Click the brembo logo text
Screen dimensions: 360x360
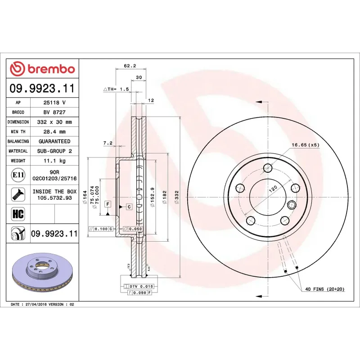pos(49,69)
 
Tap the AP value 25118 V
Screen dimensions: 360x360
pos(54,103)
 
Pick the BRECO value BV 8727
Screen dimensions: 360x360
pos(54,112)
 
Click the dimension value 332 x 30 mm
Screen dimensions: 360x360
pos(54,122)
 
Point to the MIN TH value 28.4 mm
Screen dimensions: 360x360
pos(54,132)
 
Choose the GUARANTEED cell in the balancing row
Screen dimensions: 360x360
pos(54,141)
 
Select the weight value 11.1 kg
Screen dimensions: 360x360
pos(54,161)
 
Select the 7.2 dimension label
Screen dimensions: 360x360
pos(108,143)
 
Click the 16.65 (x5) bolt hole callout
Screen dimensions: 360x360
pos(305,145)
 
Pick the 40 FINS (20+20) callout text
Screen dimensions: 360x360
pos(324,289)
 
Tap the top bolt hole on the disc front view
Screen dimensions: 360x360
pos(268,168)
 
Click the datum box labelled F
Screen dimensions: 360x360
pos(108,204)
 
